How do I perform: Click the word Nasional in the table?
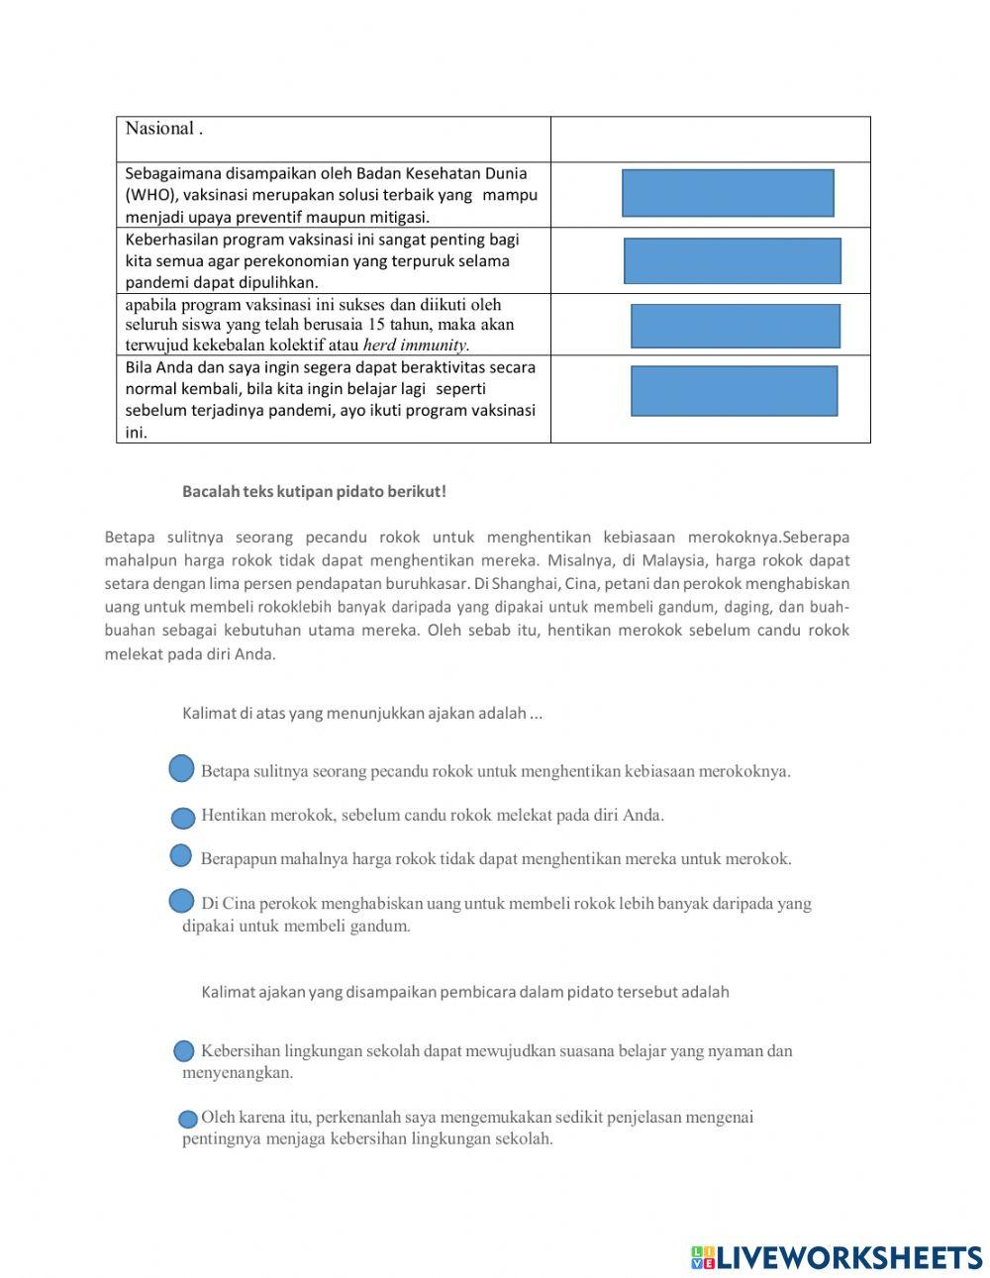[159, 129]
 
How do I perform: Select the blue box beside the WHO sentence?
[728, 193]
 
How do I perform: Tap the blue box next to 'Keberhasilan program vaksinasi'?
[733, 261]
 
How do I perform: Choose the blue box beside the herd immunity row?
[736, 326]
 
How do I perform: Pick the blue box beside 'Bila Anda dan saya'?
[734, 391]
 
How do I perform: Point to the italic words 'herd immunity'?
[416, 345]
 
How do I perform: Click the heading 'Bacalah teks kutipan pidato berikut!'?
[314, 491]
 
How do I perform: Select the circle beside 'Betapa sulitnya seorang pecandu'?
[181, 768]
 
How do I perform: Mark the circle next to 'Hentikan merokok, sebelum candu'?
[183, 818]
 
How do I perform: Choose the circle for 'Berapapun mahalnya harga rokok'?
[181, 855]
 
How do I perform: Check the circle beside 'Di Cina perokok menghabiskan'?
[181, 901]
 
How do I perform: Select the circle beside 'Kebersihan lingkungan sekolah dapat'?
[184, 1051]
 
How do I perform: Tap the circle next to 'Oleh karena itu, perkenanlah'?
[187, 1120]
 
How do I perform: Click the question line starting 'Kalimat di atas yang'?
[361, 713]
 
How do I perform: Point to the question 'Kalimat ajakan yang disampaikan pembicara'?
[464, 991]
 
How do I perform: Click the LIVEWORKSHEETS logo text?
[848, 1257]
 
